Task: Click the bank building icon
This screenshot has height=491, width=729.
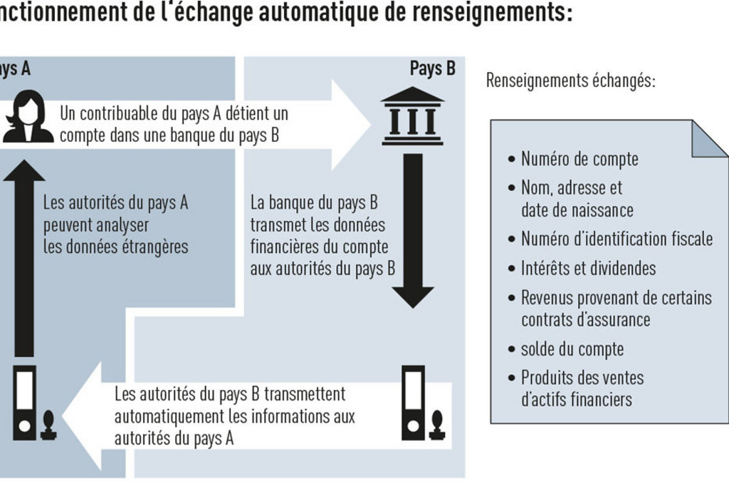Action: (x=412, y=116)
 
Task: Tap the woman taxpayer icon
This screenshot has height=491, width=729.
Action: (x=28, y=116)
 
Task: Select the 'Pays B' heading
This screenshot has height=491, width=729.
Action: (x=432, y=68)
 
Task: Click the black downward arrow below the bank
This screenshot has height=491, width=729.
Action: (x=413, y=231)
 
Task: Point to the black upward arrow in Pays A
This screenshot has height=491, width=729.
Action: (x=24, y=258)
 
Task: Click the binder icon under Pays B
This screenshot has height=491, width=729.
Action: (x=413, y=403)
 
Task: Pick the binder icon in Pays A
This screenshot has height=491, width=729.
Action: (x=25, y=403)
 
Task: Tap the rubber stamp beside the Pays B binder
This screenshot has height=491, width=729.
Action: (x=437, y=425)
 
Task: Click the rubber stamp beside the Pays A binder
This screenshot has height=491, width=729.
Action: (x=48, y=425)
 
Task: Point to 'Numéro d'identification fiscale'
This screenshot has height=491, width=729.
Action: (x=617, y=239)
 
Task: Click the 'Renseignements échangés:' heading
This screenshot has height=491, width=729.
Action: (x=570, y=81)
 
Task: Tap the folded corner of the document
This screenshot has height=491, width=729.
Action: (x=709, y=139)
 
